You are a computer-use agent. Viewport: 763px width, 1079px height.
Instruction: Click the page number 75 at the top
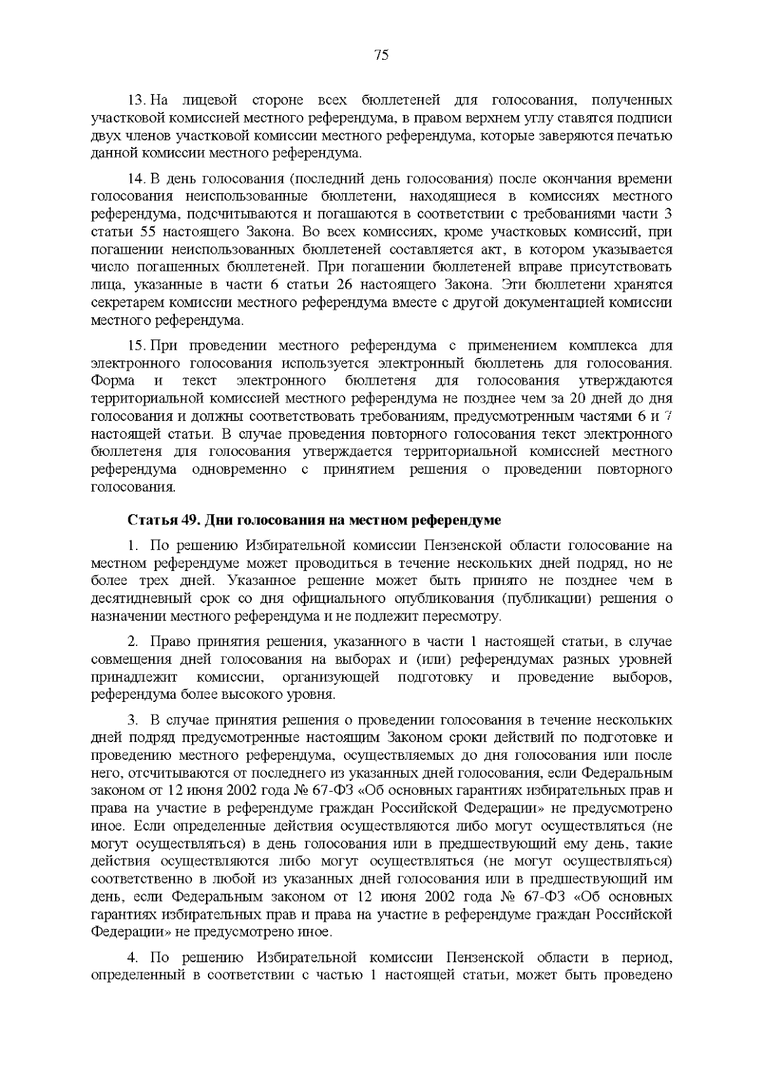pyautogui.click(x=381, y=55)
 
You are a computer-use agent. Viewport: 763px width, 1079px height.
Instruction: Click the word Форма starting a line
pyautogui.click(x=113, y=381)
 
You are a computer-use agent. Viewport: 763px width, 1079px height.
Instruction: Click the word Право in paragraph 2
pyautogui.click(x=169, y=642)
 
